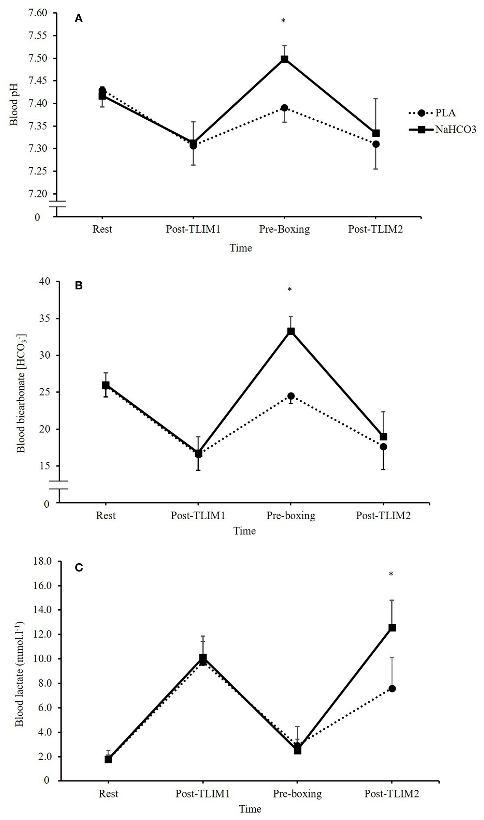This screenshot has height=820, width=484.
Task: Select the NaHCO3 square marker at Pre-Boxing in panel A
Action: coord(284,59)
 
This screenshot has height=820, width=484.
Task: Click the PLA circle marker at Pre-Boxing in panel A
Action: coord(284,108)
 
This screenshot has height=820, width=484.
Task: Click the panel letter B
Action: coord(79,286)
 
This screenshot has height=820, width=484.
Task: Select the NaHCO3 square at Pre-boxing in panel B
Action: coord(291,331)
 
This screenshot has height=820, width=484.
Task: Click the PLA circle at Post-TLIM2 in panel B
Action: coord(383,447)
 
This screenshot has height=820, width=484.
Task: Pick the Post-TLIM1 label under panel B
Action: coord(198,515)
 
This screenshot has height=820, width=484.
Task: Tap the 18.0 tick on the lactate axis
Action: coord(42,561)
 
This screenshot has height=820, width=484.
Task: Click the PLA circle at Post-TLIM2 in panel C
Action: coord(392,688)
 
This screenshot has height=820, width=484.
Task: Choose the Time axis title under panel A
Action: coord(241,248)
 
